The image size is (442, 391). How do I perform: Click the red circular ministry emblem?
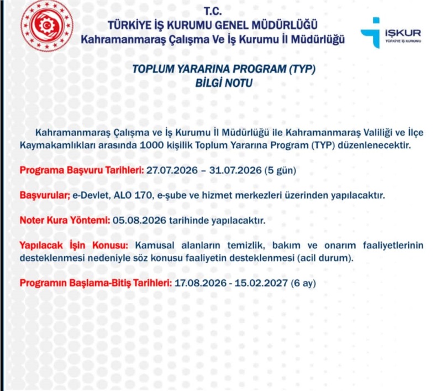(x=47, y=25)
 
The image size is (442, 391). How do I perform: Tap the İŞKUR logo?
(x=391, y=33)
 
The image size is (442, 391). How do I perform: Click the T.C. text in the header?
(x=213, y=11)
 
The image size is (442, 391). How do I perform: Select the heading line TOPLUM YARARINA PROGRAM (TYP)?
(x=224, y=69)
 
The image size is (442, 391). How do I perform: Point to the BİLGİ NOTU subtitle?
(x=224, y=83)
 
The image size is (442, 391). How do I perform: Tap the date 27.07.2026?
(x=172, y=170)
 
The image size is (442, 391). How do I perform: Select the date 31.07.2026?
(x=235, y=170)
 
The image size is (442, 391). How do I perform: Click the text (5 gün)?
(x=280, y=170)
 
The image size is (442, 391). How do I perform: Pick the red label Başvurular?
(x=45, y=195)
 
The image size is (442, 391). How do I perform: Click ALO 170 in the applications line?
(x=133, y=195)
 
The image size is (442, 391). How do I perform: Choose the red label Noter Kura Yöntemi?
(x=65, y=220)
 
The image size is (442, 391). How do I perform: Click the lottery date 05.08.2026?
(x=139, y=220)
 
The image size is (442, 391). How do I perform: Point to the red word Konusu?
(x=110, y=245)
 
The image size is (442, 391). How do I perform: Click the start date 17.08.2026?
(x=201, y=283)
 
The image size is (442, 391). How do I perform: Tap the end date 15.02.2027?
(x=261, y=283)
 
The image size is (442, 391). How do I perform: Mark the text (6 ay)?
(x=303, y=283)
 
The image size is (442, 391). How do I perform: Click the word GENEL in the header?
(x=231, y=25)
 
